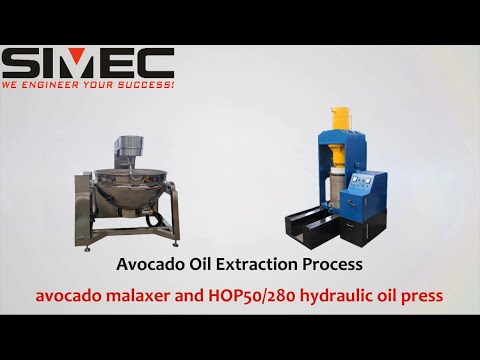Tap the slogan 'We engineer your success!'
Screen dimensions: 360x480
88,87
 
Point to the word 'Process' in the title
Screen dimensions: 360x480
333,266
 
